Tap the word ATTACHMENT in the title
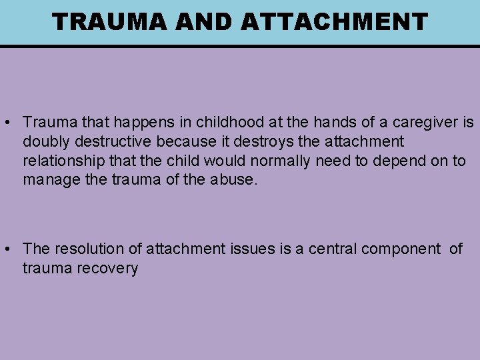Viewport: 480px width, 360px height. [x=334, y=22]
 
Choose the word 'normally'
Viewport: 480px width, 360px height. [x=274, y=161]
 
